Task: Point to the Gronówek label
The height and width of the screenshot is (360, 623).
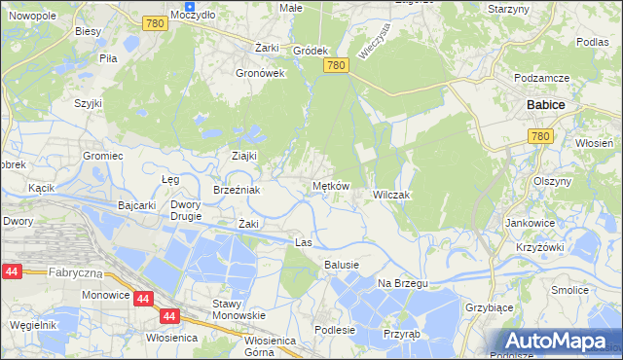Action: click(x=259, y=72)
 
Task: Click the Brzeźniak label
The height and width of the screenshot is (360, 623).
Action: click(x=237, y=190)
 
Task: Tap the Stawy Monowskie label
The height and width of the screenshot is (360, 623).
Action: click(x=238, y=309)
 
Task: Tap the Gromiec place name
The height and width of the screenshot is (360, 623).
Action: click(x=102, y=156)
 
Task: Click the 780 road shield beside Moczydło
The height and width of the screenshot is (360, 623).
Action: click(x=153, y=22)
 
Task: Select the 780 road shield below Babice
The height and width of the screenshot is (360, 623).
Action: click(x=541, y=137)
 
